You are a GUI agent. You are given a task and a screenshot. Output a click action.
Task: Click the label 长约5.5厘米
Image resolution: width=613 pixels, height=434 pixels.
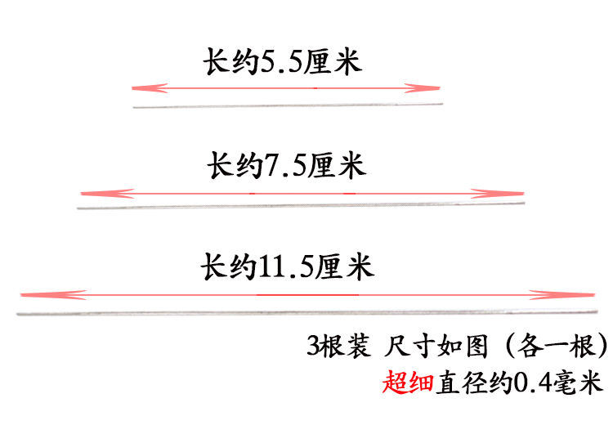[x=282, y=64]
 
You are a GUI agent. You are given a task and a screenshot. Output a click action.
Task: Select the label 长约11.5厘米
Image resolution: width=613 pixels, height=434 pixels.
[x=287, y=267]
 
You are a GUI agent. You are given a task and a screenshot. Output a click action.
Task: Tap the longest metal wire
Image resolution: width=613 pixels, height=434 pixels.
[x=306, y=312]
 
